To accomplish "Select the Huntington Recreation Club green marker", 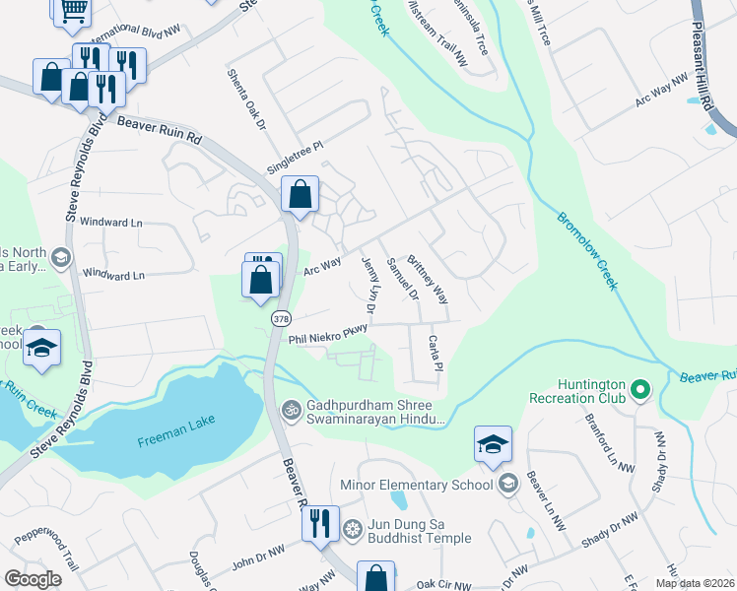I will pyautogui.click(x=639, y=390).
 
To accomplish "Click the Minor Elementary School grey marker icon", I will pyautogui.click(x=507, y=483).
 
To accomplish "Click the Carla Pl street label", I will pyautogui.click(x=435, y=353).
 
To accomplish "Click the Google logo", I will pyautogui.click(x=33, y=579).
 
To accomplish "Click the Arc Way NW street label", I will pyautogui.click(x=661, y=92).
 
